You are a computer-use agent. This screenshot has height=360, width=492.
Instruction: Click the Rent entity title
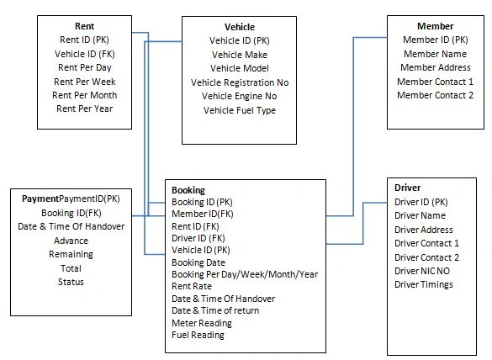pyautogui.click(x=84, y=26)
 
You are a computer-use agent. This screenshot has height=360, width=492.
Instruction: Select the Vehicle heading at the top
pyautogui.click(x=240, y=27)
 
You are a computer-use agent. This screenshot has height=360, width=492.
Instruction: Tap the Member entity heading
pyautogui.click(x=435, y=26)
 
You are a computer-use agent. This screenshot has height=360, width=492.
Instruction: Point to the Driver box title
pyautogui.click(x=408, y=188)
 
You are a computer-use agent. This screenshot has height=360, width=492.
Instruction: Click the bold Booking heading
pyautogui.click(x=188, y=190)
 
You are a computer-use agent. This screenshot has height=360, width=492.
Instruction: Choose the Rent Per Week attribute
pyautogui.click(x=85, y=82)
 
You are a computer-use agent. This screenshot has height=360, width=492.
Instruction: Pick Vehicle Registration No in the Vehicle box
pyautogui.click(x=240, y=82)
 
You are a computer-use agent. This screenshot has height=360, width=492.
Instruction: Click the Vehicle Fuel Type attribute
pyautogui.click(x=240, y=110)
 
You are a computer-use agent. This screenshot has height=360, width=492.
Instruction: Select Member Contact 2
pyautogui.click(x=435, y=95)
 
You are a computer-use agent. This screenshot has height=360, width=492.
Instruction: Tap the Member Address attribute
pyautogui.click(x=435, y=67)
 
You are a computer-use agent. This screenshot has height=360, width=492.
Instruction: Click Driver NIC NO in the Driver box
pyautogui.click(x=422, y=271)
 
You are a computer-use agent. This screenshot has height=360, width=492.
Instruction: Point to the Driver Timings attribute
pyautogui.click(x=424, y=284)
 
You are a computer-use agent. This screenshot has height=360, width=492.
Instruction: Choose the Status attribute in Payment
pyautogui.click(x=71, y=282)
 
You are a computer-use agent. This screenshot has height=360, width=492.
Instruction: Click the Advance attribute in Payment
pyautogui.click(x=71, y=241)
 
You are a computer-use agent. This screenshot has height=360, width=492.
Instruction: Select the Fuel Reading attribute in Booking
pyautogui.click(x=198, y=336)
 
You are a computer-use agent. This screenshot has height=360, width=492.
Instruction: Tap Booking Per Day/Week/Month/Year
pyautogui.click(x=245, y=275)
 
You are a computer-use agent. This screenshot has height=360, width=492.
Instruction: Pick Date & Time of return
pyautogui.click(x=215, y=310)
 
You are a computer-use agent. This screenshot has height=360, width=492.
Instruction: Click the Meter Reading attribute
pyautogui.click(x=202, y=323)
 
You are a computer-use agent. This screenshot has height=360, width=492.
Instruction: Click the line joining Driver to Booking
pyautogui.click(x=363, y=223)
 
